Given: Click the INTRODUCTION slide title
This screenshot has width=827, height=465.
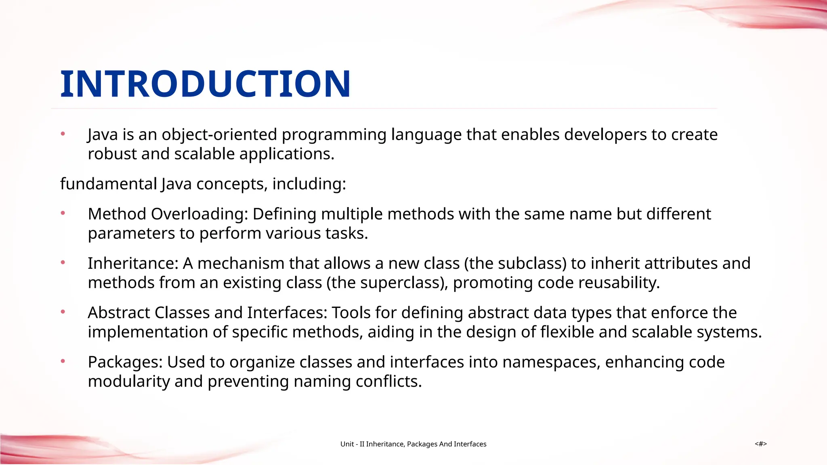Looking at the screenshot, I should (x=205, y=84).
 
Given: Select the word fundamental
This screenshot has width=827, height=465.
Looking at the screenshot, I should (x=108, y=184).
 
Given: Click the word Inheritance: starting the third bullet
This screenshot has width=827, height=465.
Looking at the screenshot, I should (x=133, y=264).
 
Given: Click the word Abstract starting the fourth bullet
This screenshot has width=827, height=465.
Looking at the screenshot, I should (x=119, y=313).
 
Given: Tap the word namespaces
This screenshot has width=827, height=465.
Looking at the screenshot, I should (x=551, y=362).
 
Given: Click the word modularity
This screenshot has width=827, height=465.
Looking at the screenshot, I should (x=129, y=381).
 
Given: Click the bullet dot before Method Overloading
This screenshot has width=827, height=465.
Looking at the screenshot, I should (x=63, y=213).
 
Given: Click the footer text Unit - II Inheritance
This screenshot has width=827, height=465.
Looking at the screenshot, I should (x=413, y=444).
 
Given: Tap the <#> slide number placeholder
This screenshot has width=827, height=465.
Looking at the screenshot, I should (x=760, y=444).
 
